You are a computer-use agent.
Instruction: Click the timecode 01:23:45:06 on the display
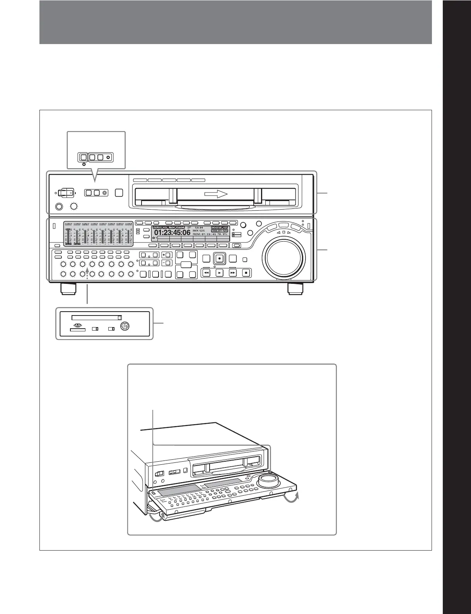[172, 233]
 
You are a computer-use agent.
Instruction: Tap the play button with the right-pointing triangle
[220, 273]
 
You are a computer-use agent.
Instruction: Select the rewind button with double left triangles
[206, 273]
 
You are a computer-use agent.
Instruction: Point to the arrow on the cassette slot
[215, 194]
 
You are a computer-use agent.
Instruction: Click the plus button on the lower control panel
[167, 255]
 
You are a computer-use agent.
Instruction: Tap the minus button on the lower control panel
[167, 263]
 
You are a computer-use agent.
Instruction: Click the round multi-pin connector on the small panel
[125, 327]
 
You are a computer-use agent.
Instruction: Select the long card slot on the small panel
[95, 317]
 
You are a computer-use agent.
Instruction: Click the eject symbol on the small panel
[78, 325]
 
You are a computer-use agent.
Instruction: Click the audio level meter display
[98, 234]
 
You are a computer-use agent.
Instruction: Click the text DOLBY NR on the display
[220, 231]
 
